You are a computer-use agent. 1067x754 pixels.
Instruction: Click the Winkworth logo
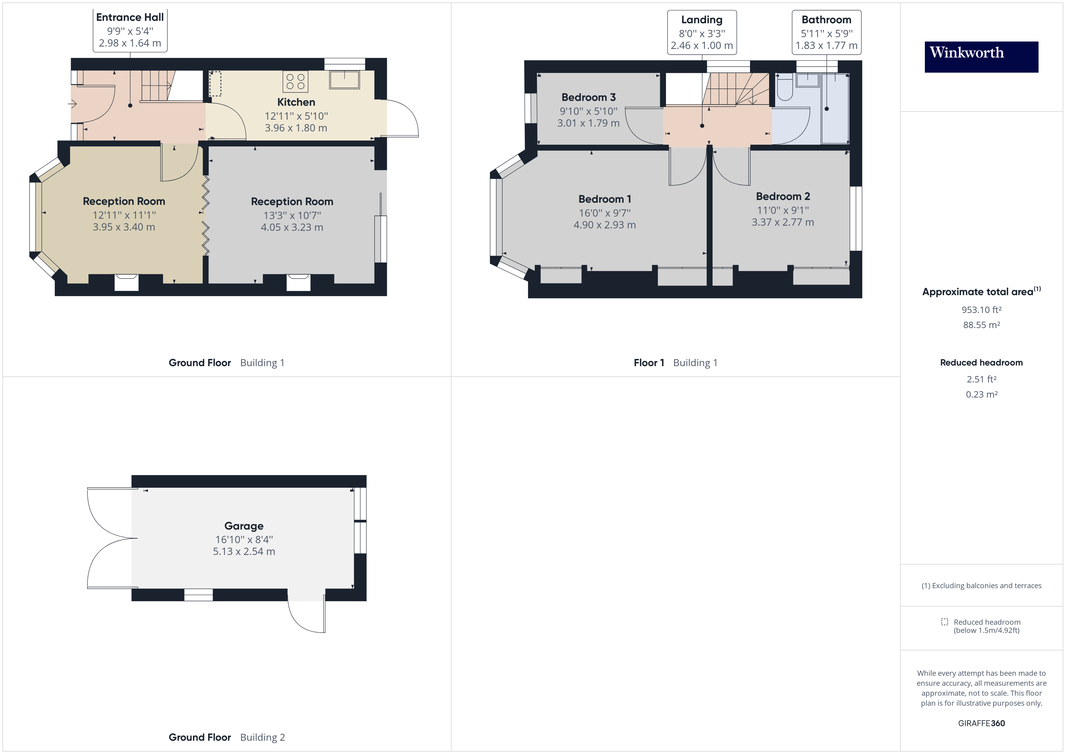point(981,57)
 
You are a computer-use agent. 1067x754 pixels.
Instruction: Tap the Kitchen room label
point(296,102)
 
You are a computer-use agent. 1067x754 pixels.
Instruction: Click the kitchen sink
point(344,79)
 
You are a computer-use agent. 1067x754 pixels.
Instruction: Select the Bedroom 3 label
point(588,97)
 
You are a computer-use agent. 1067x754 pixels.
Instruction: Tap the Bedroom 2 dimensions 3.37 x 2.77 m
point(783,222)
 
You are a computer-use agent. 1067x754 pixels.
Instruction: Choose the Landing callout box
point(702,33)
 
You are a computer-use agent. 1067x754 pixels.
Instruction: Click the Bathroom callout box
point(826,33)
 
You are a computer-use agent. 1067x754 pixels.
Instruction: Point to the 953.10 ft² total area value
point(981,310)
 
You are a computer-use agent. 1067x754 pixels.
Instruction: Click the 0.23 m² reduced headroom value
point(981,394)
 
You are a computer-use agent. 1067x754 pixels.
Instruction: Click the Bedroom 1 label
point(605,199)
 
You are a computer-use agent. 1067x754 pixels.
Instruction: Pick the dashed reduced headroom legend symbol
point(944,622)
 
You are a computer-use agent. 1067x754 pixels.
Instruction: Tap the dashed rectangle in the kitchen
point(215,84)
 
